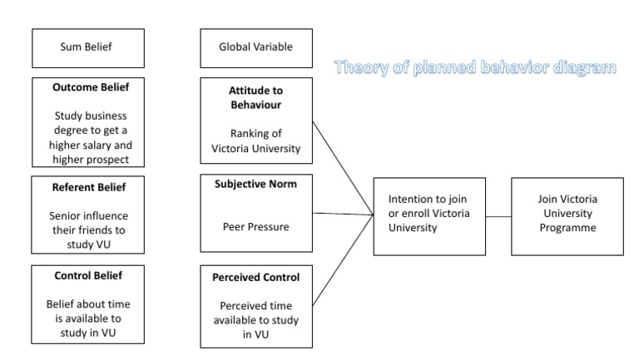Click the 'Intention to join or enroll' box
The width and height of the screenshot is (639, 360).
click(x=428, y=215)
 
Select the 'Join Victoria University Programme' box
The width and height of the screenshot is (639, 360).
click(x=567, y=215)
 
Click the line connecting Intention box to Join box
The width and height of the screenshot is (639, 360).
click(x=498, y=216)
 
